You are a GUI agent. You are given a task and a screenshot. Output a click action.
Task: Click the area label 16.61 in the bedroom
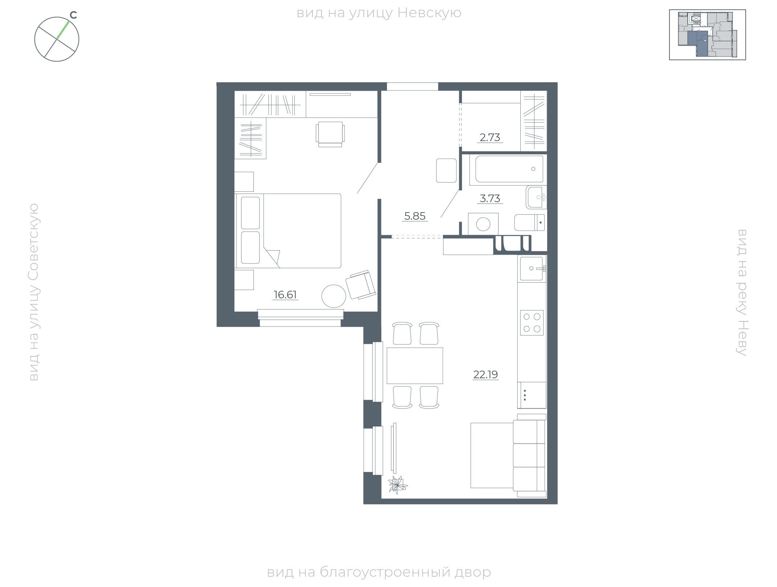[285, 295]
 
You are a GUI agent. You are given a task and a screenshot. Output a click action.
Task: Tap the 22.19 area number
[485, 375]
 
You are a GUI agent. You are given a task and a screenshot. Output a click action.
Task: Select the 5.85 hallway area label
[415, 216]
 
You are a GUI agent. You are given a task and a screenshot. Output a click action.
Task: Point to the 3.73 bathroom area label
[490, 198]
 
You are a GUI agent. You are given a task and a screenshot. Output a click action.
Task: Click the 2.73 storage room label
[490, 137]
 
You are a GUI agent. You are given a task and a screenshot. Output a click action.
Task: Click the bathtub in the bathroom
[509, 169]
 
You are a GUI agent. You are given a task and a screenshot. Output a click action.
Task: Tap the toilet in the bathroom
[529, 223]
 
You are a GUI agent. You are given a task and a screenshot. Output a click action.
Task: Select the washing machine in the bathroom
[483, 224]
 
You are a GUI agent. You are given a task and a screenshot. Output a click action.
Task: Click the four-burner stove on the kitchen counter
[532, 323]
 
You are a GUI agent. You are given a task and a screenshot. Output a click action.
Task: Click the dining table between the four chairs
[415, 365]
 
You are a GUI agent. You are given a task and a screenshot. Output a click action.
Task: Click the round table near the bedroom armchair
[334, 296]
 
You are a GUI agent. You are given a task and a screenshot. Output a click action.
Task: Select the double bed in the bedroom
[289, 231]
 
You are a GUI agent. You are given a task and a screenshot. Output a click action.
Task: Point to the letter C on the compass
[73, 15]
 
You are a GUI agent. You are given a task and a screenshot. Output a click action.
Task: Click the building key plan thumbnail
[707, 35]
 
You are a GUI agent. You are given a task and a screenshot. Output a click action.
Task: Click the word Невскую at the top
[430, 13]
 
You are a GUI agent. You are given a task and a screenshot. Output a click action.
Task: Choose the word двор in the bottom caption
[472, 572]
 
